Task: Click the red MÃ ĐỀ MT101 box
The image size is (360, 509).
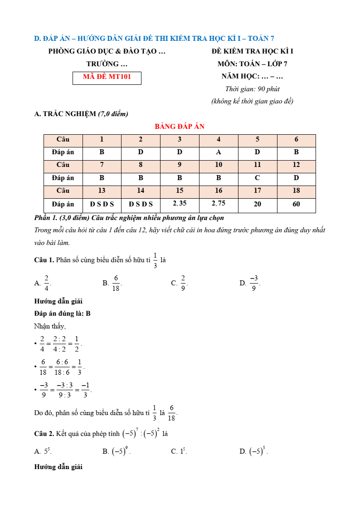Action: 107,77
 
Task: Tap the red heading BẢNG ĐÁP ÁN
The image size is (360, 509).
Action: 180,127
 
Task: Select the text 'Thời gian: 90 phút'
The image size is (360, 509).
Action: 252,89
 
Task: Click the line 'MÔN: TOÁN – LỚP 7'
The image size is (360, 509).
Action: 252,64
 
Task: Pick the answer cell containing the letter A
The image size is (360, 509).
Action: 219,152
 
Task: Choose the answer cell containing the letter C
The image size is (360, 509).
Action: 258,178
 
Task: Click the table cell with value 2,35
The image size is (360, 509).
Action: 180,204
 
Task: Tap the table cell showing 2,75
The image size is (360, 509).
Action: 219,204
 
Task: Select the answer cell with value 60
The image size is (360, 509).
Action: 296,204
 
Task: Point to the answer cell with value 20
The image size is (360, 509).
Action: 258,204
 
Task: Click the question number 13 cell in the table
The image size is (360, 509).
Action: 102,191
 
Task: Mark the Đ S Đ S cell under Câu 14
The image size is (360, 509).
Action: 141,204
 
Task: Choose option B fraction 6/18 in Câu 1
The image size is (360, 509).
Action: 115,283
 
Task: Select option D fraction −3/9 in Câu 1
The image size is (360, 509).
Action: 253,283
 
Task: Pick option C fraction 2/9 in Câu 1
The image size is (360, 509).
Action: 183,283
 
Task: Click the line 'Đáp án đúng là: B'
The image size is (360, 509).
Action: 63,313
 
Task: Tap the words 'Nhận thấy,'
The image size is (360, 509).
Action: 50,326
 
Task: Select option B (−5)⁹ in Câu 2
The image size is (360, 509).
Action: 120,451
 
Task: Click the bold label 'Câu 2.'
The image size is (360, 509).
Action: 44,434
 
